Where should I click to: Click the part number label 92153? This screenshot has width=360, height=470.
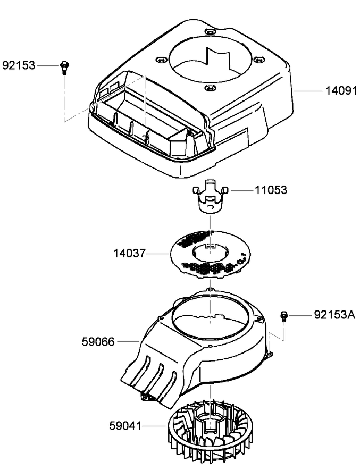click(x=19, y=66)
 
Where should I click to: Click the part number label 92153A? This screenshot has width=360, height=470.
click(x=334, y=315)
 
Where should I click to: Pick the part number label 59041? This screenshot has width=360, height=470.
click(x=127, y=425)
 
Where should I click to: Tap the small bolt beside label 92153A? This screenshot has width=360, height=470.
click(x=284, y=317)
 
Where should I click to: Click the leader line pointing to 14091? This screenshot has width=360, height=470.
click(x=308, y=91)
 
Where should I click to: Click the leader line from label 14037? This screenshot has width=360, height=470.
click(x=160, y=255)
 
